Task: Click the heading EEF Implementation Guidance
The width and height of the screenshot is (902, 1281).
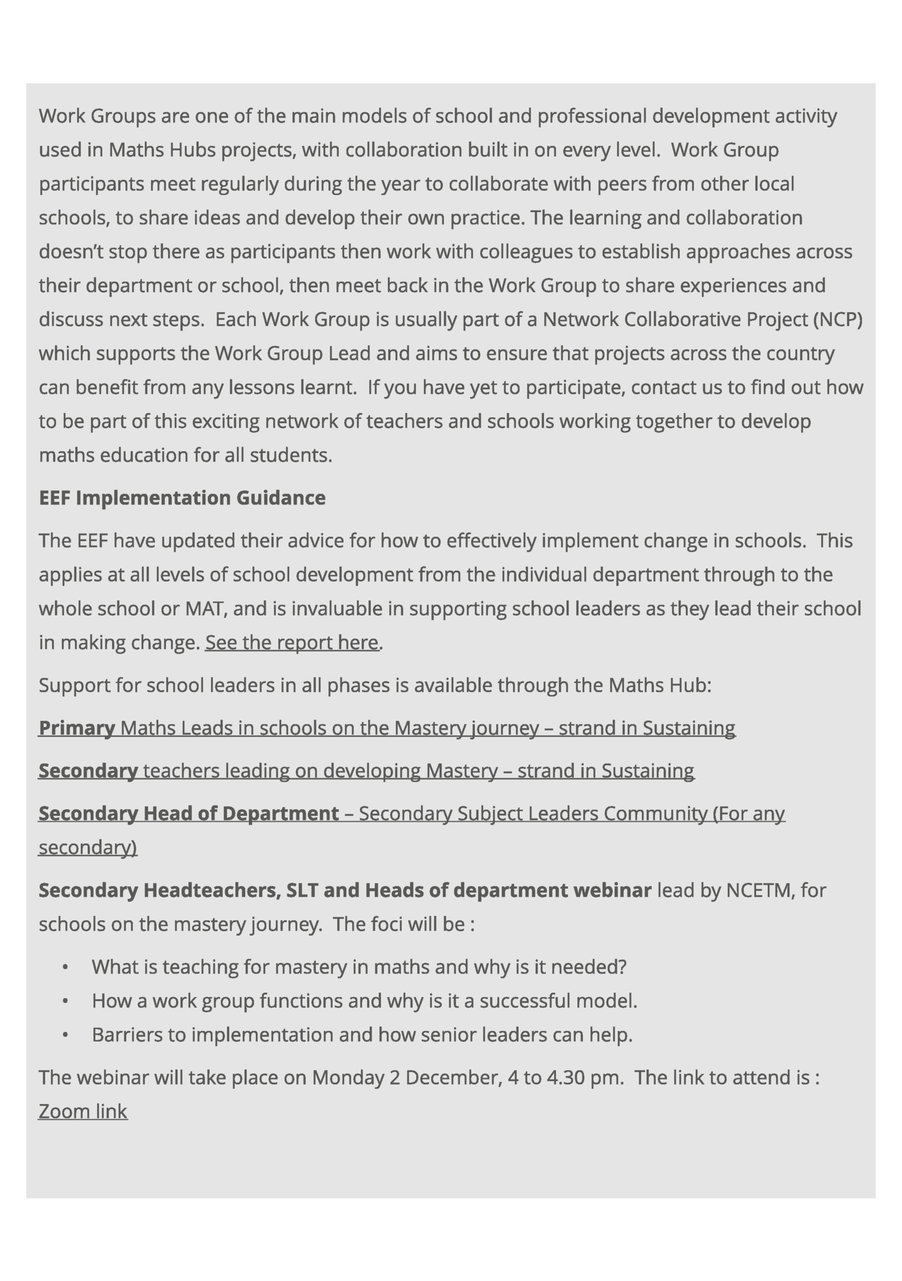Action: tap(182, 498)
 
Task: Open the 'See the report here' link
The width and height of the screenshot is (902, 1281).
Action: tap(292, 642)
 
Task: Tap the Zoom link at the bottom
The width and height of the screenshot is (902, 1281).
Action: tap(83, 1111)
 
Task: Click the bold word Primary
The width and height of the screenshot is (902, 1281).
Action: tap(76, 728)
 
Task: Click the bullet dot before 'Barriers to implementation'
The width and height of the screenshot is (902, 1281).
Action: tap(64, 1035)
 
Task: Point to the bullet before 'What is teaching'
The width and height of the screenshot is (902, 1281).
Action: tap(64, 967)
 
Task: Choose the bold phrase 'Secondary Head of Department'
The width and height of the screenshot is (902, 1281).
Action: tap(189, 813)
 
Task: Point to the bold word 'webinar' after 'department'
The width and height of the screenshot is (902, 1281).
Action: tap(612, 890)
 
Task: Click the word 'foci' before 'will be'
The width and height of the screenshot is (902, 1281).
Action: tap(383, 924)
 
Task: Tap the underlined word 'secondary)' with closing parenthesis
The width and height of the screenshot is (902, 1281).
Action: tap(88, 847)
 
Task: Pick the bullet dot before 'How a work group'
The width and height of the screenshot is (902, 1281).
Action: tap(64, 1001)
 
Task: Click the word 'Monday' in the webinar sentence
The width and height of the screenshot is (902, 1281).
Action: tap(347, 1077)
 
